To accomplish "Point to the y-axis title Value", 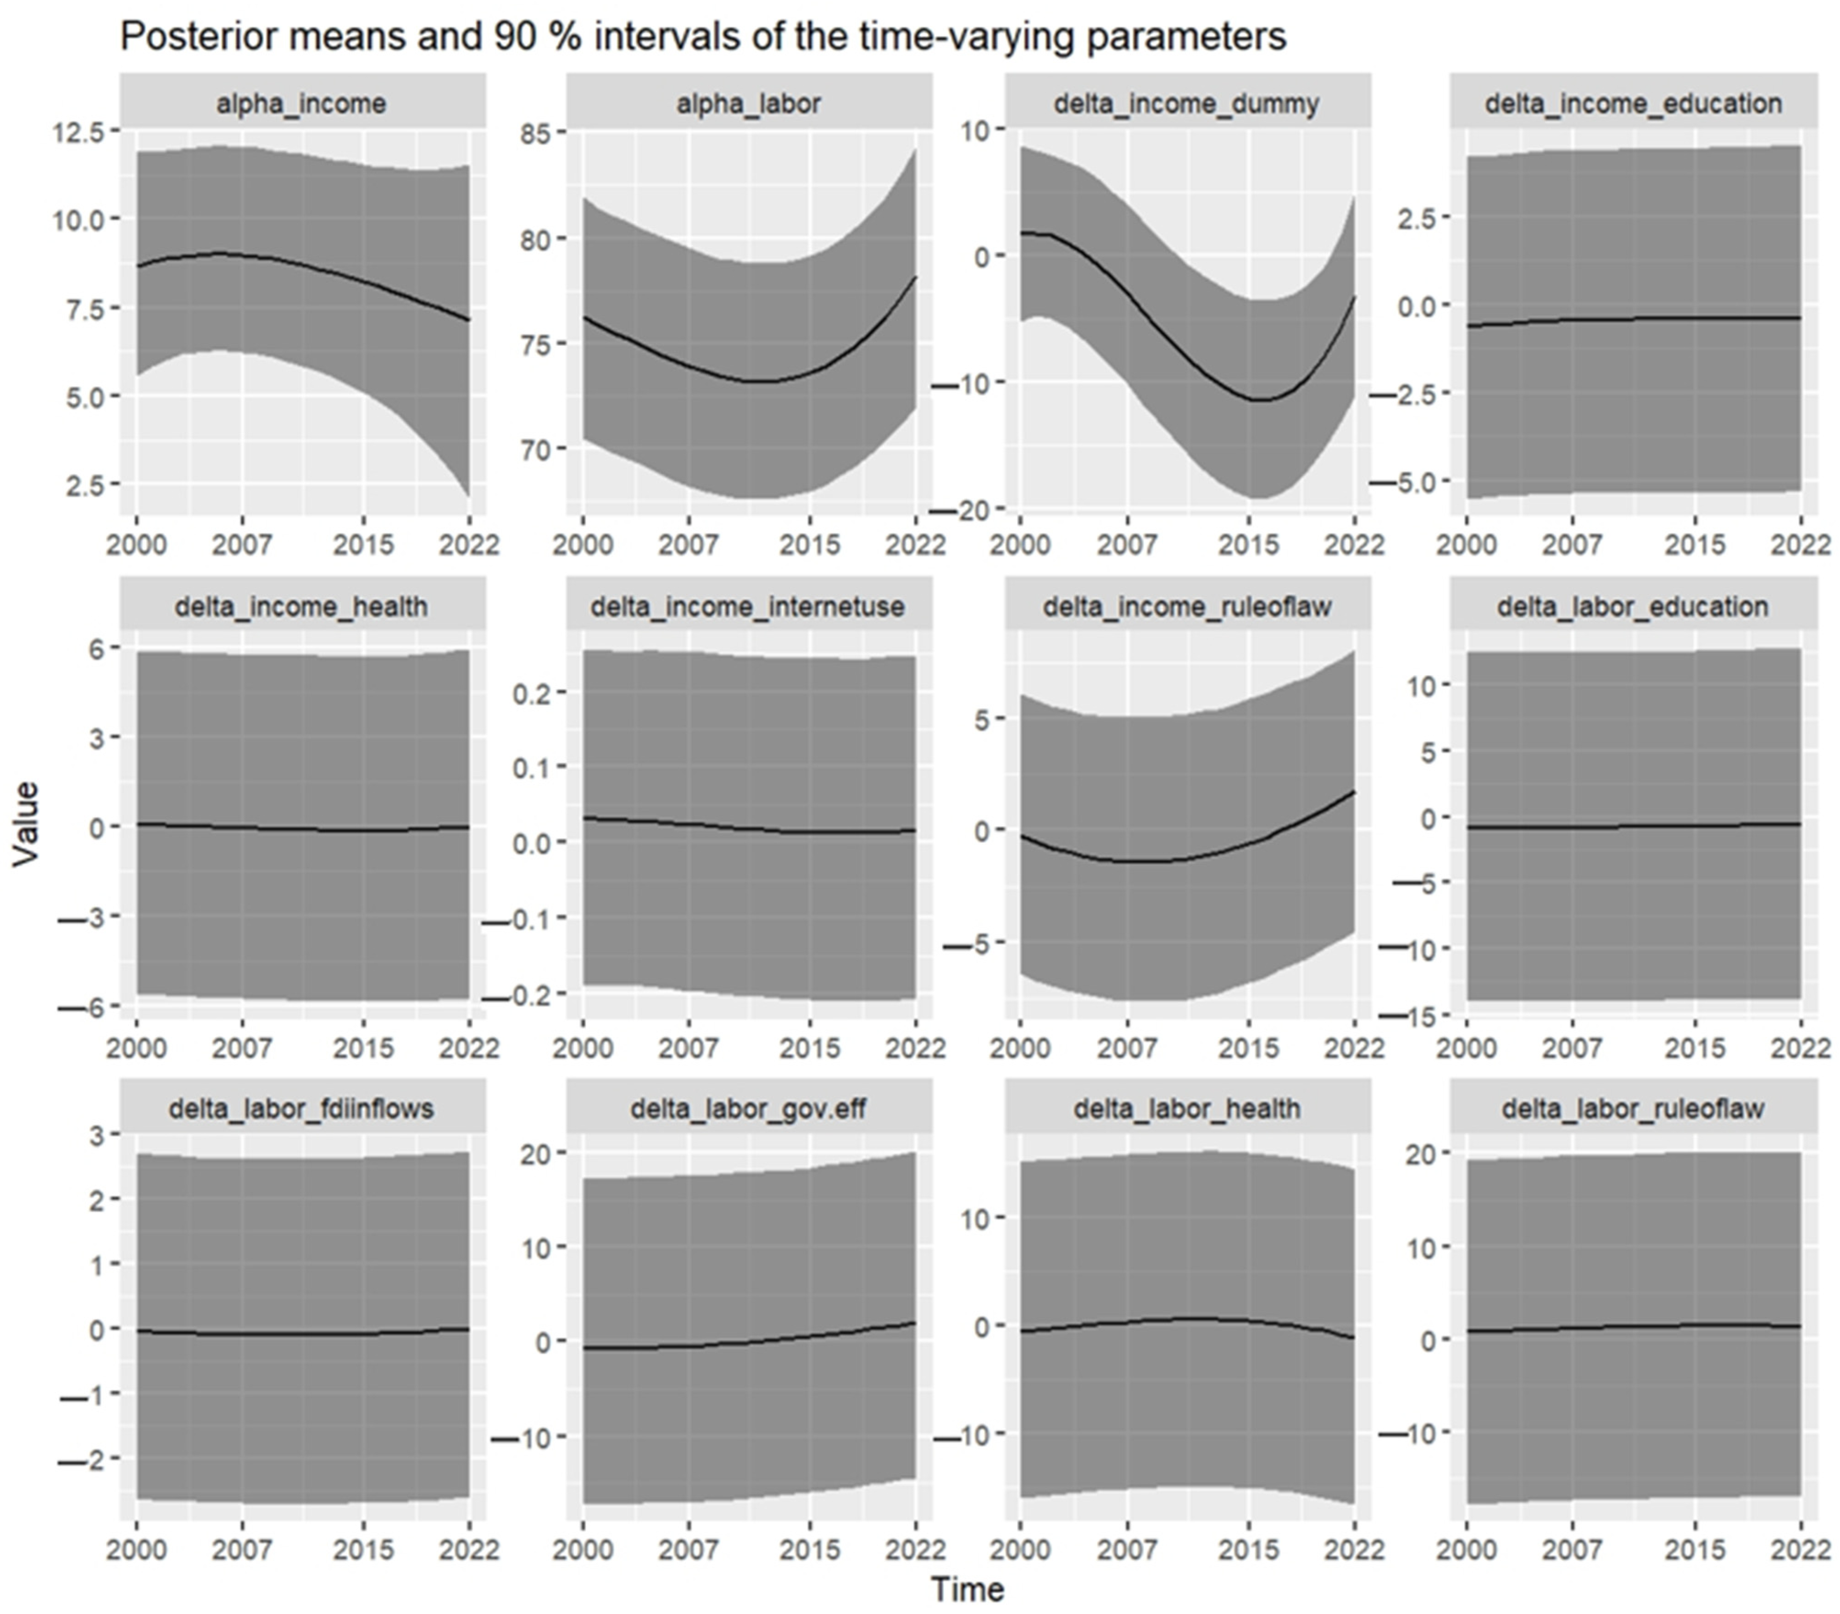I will [x=27, y=824].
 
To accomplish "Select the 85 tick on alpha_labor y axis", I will [x=538, y=133].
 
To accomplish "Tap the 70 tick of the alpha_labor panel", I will [x=538, y=449].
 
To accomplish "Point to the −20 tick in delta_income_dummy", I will [x=968, y=510].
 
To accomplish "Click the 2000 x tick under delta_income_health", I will [x=137, y=1048].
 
